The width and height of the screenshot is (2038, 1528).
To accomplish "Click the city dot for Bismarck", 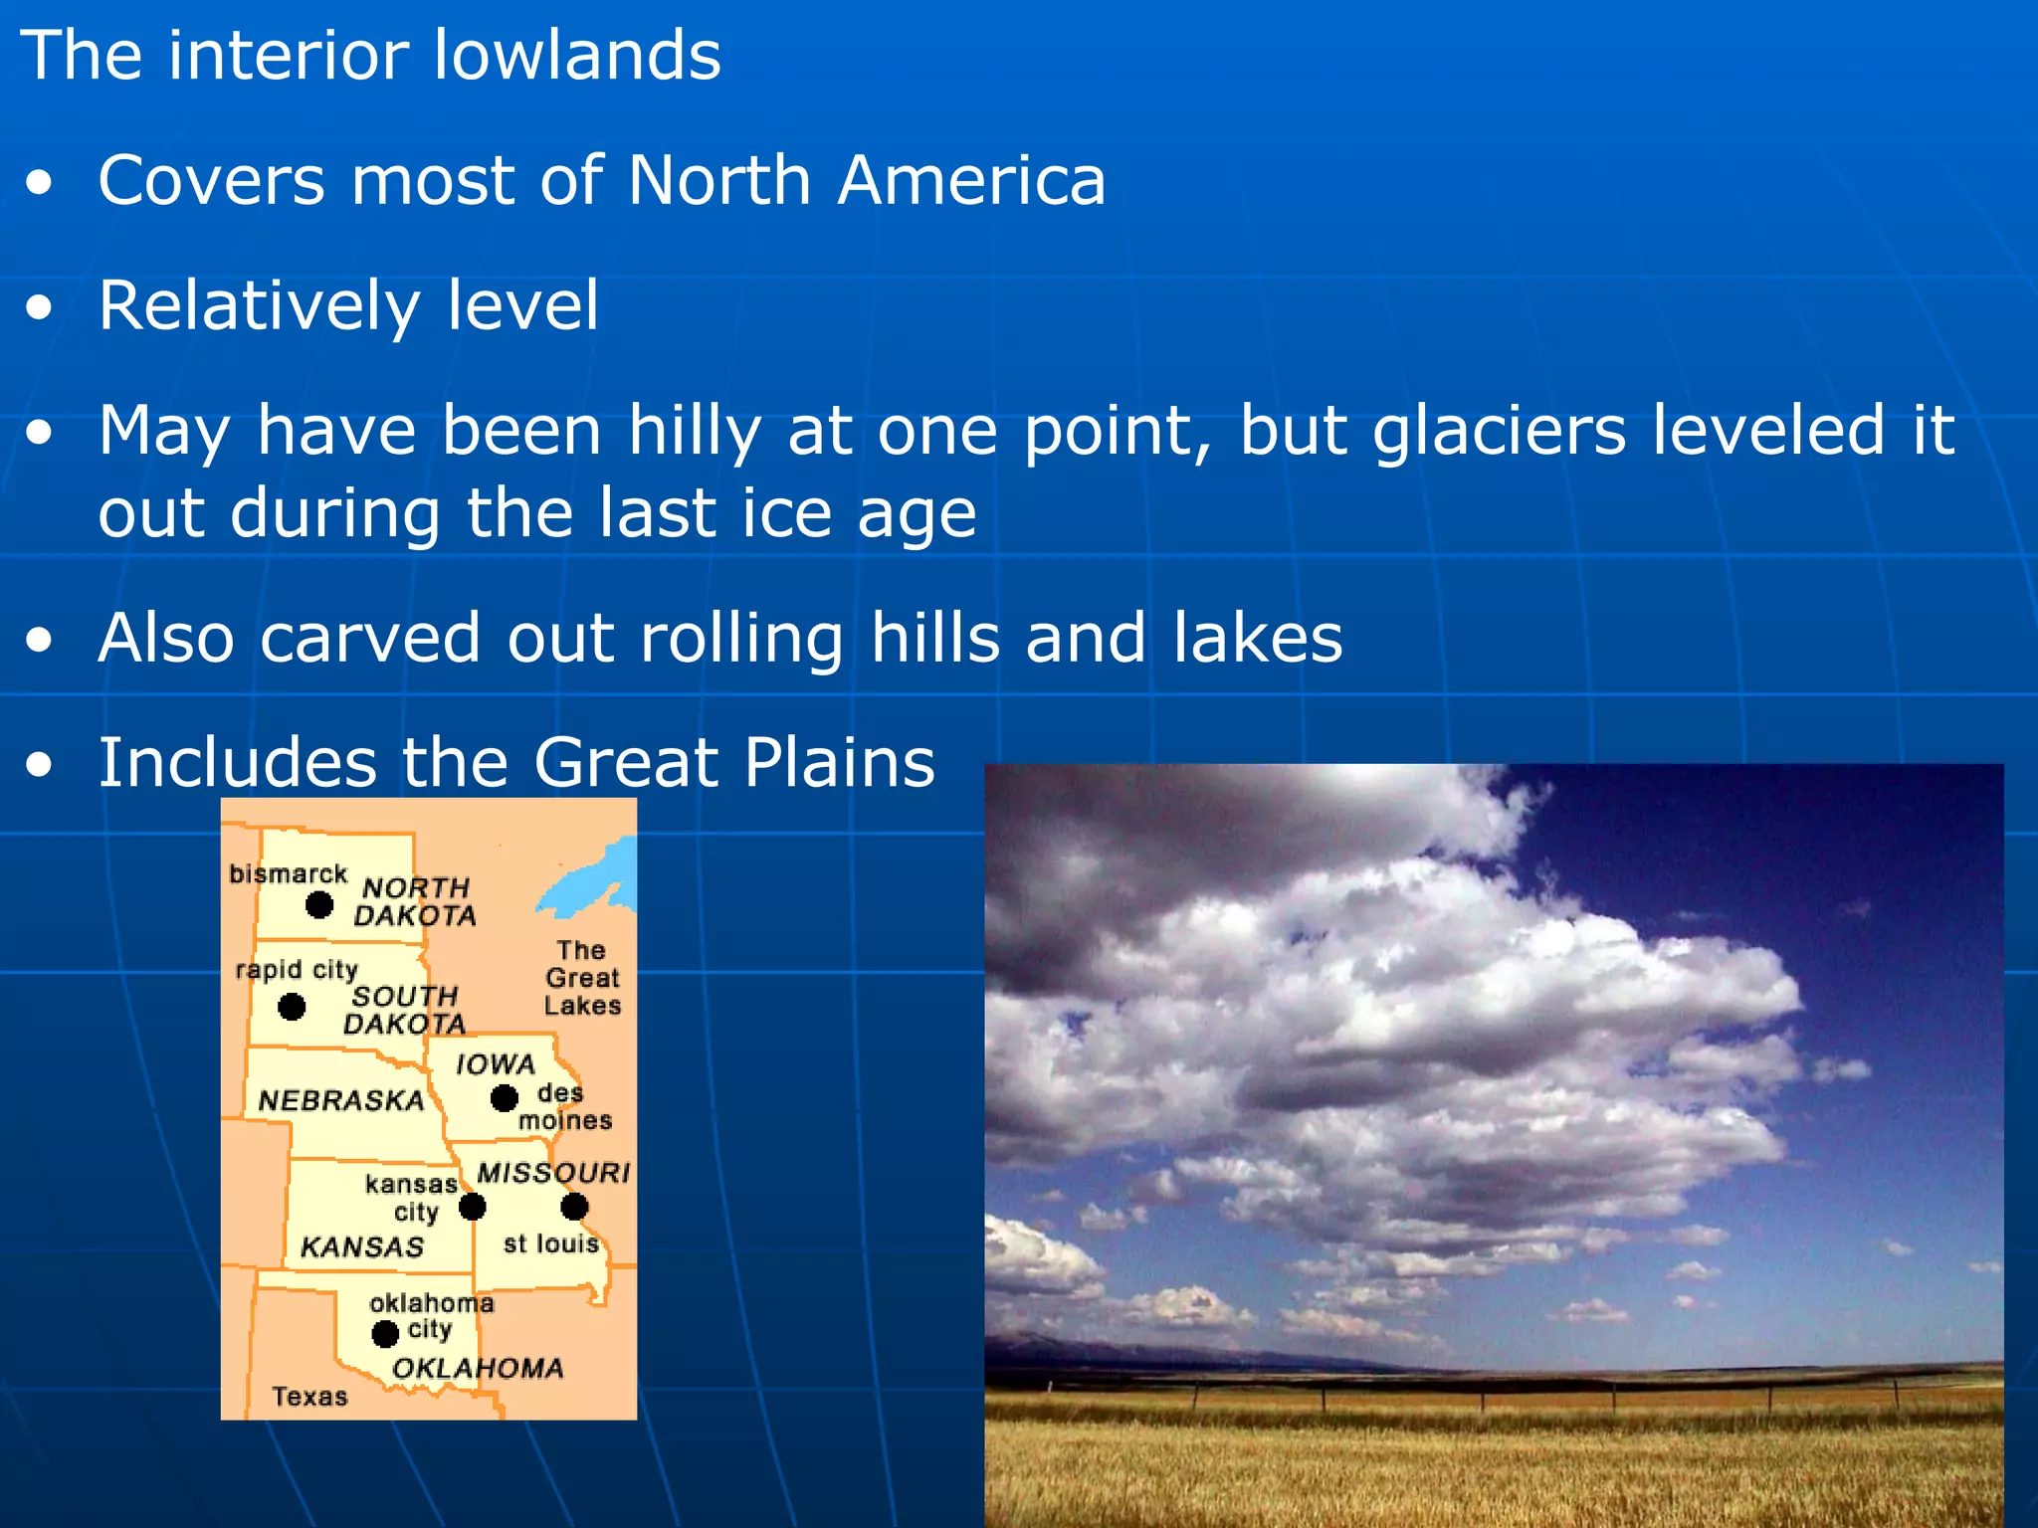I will tap(318, 904).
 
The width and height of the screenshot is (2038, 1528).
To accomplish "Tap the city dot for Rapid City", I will tap(292, 1007).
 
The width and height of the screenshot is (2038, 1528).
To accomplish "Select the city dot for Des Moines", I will tap(505, 1098).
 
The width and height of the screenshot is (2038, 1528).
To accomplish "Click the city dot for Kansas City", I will tap(472, 1207).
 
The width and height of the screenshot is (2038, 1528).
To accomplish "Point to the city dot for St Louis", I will tap(574, 1207).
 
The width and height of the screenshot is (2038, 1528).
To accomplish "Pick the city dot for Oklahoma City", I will tap(385, 1333).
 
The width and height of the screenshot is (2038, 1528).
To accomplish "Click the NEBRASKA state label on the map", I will tap(341, 1100).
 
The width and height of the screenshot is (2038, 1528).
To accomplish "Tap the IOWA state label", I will tap(496, 1064).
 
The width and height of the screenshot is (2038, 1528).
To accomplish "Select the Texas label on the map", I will tap(310, 1397).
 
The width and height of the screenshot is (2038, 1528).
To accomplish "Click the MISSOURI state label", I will tap(553, 1173).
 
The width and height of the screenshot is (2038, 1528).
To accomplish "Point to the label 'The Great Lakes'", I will tap(582, 978).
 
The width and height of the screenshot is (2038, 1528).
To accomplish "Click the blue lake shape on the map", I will tap(593, 880).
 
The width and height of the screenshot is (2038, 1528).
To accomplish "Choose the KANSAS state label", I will tap(362, 1246).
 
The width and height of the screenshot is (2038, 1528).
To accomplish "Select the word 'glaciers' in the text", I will tap(1500, 431).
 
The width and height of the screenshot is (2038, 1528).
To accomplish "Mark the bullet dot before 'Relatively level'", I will tap(40, 308).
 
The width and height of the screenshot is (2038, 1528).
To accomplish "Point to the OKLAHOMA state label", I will tap(478, 1368).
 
